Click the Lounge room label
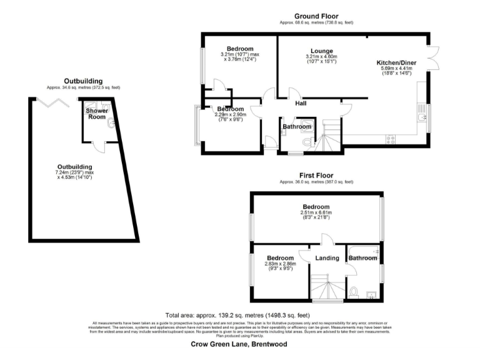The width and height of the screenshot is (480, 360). [x=322, y=51]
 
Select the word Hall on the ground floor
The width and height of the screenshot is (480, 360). [x=301, y=104]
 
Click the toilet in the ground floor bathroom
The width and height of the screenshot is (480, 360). [x=306, y=143]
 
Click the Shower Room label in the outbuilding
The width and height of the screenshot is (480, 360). [x=97, y=114]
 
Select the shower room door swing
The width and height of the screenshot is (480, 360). [x=99, y=147]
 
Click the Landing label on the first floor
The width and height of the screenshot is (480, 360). [x=327, y=258]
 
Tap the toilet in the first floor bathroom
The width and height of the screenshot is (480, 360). [x=354, y=291]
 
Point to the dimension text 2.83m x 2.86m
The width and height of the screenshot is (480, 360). [x=280, y=264]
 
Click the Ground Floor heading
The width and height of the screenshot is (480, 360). [x=316, y=16]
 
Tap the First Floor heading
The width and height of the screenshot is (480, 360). [x=316, y=176]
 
